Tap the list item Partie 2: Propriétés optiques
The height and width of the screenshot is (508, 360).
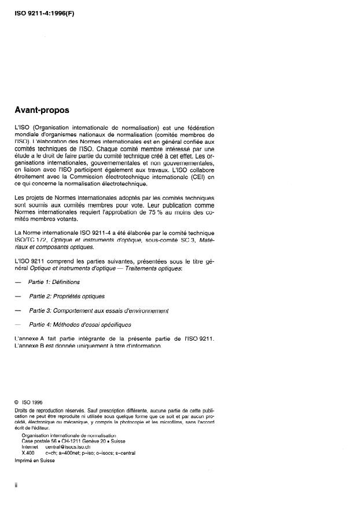pyautogui.click(x=67, y=296)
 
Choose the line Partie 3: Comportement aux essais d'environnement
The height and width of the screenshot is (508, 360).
pyautogui.click(x=98, y=310)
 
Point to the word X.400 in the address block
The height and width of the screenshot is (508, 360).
pyautogui.click(x=27, y=453)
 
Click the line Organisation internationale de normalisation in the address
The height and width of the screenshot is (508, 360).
pyautogui.click(x=68, y=435)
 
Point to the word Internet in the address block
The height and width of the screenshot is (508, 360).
pyautogui.click(x=30, y=447)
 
